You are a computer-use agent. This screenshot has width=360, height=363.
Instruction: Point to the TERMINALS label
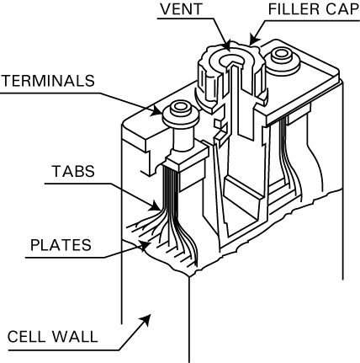50,83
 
